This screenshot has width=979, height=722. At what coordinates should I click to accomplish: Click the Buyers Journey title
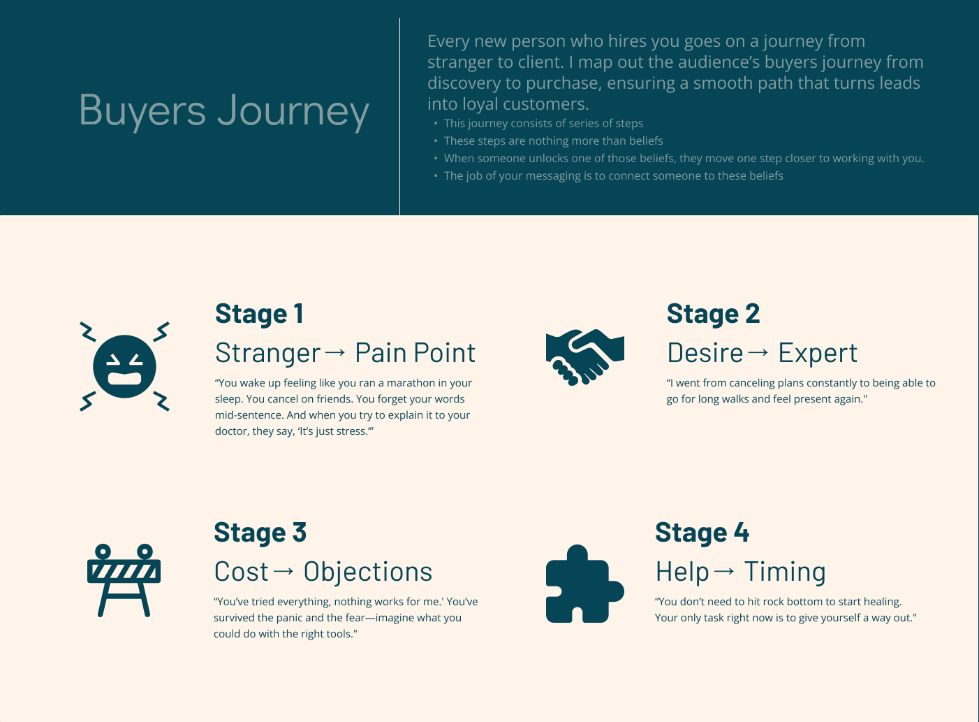pos(223,111)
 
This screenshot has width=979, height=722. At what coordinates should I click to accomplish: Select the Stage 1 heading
pos(259,314)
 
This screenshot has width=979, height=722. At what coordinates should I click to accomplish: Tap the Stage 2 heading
pos(713,314)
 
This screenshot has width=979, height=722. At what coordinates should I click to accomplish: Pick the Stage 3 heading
pos(260,533)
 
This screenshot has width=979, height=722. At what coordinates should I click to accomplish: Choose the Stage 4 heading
pos(702,533)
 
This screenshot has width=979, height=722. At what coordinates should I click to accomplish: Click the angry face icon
pos(124,366)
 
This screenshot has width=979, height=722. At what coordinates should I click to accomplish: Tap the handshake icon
pos(584,356)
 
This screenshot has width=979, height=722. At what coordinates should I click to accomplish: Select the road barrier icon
pos(124,580)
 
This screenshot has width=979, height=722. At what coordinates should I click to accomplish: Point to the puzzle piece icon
pos(584,584)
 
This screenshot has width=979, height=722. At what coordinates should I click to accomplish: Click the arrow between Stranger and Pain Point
pos(335,352)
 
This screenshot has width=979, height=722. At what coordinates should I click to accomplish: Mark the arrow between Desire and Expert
pos(758,352)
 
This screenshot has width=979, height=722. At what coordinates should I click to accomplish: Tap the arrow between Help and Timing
pos(725,571)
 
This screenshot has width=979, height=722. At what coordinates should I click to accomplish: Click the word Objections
pos(368,572)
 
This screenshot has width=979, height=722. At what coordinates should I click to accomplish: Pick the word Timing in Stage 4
pos(785,572)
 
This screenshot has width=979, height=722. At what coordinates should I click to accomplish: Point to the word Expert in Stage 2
pos(818,353)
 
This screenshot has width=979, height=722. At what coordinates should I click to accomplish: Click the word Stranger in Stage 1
pos(268,353)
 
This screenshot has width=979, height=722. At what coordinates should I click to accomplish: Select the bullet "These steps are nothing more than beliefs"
pos(553,140)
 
